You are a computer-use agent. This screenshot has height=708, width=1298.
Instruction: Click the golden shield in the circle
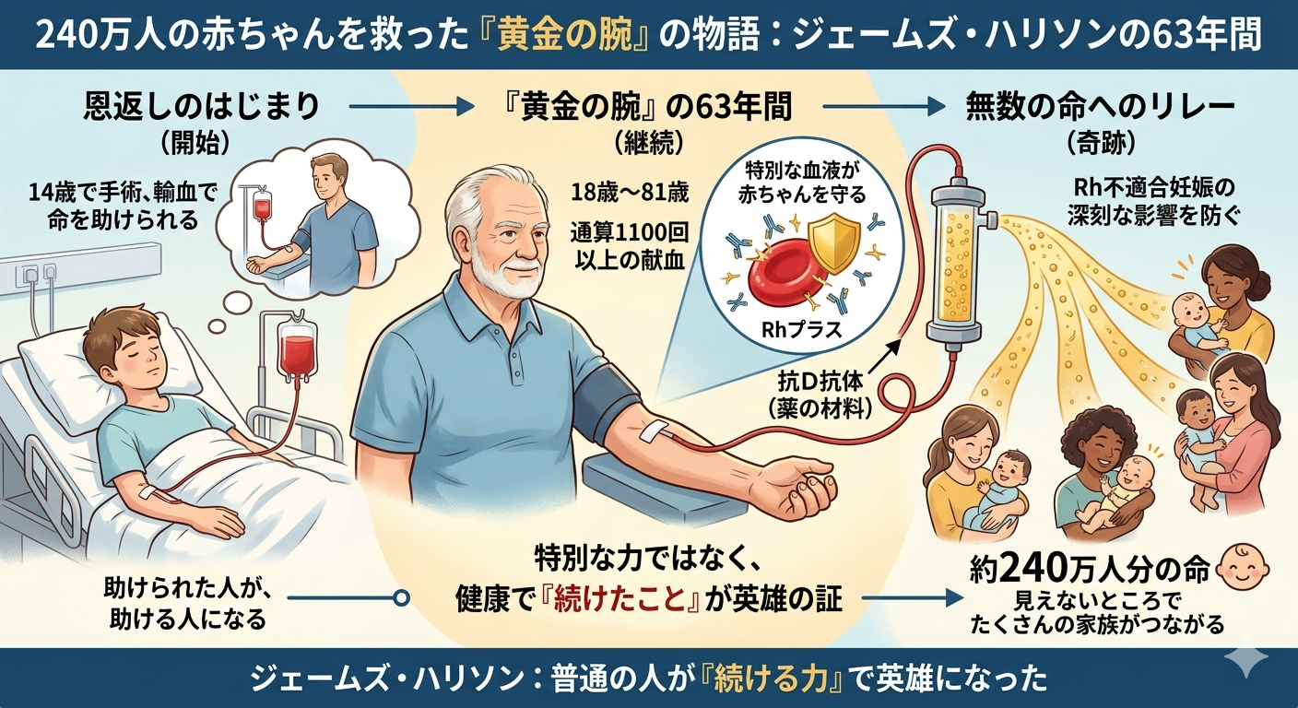834,242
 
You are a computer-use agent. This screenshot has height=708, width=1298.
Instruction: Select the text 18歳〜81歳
630,193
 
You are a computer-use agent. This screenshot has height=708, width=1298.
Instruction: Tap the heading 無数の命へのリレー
1101,107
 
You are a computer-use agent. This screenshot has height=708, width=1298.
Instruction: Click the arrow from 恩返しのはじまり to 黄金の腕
411,107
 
